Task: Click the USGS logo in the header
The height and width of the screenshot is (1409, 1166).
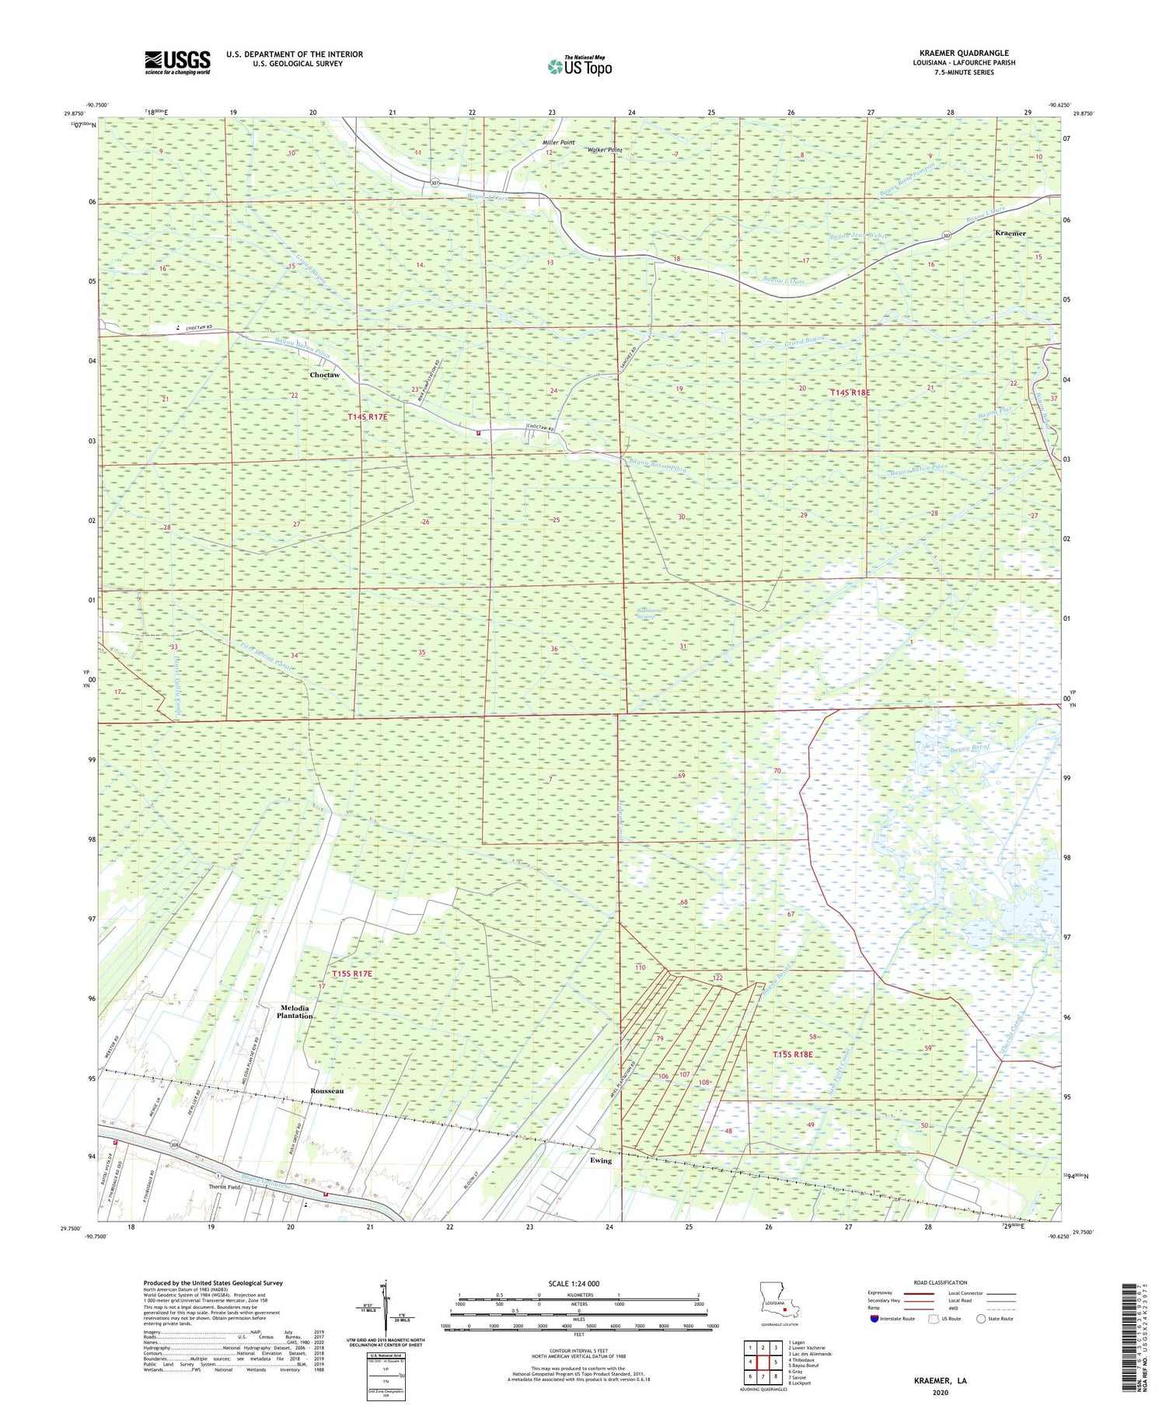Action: pos(177,62)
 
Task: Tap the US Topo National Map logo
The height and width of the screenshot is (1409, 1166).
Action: pos(579,66)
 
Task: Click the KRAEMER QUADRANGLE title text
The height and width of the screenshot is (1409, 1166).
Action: pos(963,53)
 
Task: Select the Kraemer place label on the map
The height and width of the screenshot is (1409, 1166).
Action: pos(1011,233)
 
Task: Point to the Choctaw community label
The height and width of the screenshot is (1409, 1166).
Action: pos(324,375)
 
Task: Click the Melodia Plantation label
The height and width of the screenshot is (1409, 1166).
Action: pos(295,1011)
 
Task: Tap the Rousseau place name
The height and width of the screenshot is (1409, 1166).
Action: pos(326,1090)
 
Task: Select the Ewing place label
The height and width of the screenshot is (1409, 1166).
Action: pos(600,1160)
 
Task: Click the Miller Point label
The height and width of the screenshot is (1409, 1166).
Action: pos(558,143)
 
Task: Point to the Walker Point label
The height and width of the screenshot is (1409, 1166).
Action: pos(604,149)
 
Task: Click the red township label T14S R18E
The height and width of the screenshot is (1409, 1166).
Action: pos(850,393)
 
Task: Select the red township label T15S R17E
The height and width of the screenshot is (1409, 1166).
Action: pos(351,973)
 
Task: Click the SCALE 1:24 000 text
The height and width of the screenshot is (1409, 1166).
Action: pos(574,1283)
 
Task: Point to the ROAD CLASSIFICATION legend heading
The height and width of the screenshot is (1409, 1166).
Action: pos(940,1282)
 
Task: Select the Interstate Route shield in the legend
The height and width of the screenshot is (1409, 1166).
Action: pos(875,1319)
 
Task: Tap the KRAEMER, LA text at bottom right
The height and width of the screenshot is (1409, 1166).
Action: pos(940,1381)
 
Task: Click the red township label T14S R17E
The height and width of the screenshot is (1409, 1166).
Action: pos(367,417)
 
